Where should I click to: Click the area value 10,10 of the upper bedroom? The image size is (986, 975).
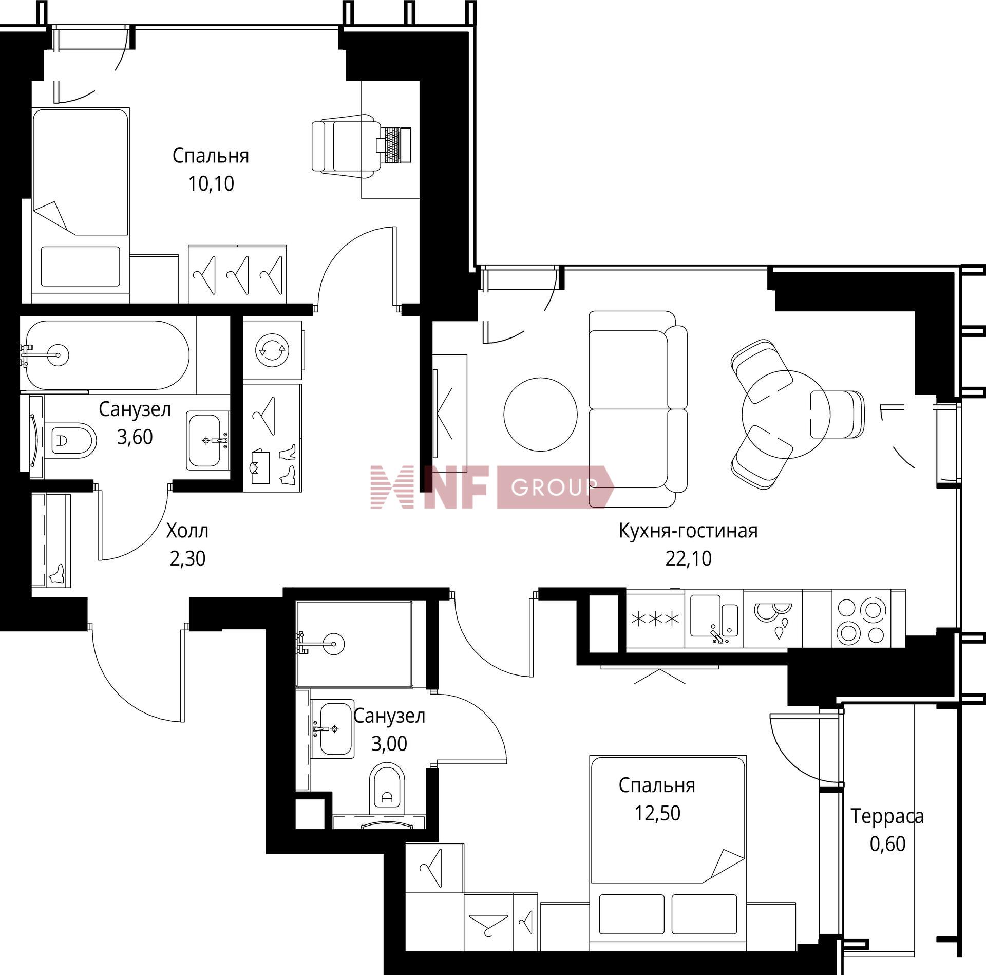pyautogui.click(x=211, y=183)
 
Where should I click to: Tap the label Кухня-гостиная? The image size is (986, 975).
pyautogui.click(x=688, y=531)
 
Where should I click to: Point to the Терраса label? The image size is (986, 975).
pyautogui.click(x=887, y=816)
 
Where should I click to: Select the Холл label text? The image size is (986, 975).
pyautogui.click(x=187, y=531)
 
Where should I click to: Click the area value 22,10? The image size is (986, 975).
pyautogui.click(x=689, y=558)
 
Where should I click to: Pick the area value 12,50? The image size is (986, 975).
pyautogui.click(x=657, y=813)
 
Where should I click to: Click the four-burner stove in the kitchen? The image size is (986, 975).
pyautogui.click(x=861, y=621)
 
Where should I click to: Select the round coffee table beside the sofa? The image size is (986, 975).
pyautogui.click(x=540, y=415)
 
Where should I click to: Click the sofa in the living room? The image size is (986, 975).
pyautogui.click(x=638, y=409)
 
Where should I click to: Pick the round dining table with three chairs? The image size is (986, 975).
pyautogui.click(x=786, y=415)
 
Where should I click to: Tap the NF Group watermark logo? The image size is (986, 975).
pyautogui.click(x=492, y=487)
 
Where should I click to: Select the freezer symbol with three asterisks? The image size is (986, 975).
pyautogui.click(x=655, y=619)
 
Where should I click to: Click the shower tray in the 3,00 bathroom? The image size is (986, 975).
pyautogui.click(x=354, y=644)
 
